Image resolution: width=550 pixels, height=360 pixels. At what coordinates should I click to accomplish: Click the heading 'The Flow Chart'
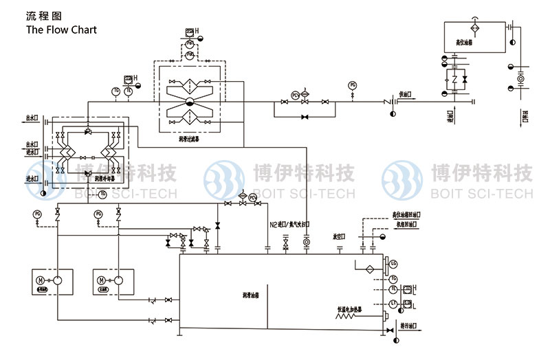61,30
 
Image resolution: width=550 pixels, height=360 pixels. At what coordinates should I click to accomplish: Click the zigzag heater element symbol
455,79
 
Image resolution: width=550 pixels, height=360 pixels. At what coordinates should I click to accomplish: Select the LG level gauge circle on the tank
393,264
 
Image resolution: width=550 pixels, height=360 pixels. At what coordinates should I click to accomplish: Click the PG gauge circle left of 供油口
353,85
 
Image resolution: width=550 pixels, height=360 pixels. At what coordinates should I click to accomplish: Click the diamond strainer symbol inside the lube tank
368,269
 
